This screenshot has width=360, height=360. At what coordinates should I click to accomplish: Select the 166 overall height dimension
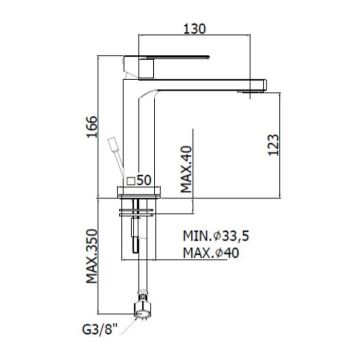(91, 127)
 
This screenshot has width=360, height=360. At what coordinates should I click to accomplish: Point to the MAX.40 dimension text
(186, 169)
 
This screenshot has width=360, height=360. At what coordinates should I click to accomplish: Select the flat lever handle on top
(170, 57)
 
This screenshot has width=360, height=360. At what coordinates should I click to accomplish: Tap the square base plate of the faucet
(139, 192)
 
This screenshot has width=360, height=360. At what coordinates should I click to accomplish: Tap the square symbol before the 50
(131, 181)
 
